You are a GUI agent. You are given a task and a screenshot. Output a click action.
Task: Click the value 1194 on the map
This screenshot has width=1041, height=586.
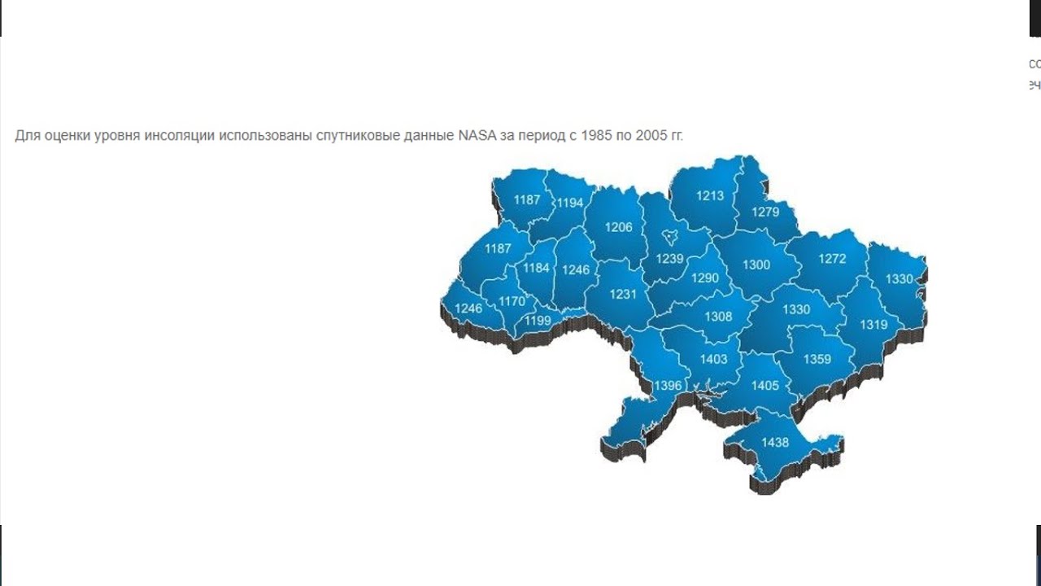coord(569,203)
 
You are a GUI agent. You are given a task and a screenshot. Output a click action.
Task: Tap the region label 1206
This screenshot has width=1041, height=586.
coord(618,227)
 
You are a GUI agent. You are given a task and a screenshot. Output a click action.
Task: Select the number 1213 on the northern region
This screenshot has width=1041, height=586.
coord(709,195)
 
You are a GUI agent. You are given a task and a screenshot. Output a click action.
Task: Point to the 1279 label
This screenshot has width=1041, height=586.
coord(765,212)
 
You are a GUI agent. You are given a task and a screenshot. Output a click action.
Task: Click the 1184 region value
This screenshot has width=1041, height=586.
coord(537,268)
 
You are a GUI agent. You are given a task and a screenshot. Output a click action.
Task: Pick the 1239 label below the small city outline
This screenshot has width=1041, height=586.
coord(669,258)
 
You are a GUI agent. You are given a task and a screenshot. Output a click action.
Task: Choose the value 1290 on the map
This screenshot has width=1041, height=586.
coord(705,278)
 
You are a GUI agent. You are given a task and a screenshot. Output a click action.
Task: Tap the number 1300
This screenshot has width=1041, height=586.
coord(756,265)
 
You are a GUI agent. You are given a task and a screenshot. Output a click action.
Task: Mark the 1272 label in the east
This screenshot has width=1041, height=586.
coord(832,259)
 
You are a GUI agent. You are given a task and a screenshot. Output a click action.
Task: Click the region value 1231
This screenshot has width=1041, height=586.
coord(623,295)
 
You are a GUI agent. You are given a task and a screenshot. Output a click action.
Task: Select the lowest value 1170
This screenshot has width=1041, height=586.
coord(512,301)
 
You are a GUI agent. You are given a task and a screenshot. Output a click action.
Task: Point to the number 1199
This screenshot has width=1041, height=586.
coord(538,321)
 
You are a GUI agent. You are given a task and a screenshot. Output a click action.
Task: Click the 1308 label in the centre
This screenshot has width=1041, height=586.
coord(718,317)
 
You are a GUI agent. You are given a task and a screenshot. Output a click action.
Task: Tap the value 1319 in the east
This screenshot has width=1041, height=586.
coord(873,324)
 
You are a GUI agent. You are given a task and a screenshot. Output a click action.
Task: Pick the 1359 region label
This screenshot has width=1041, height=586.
coord(817,359)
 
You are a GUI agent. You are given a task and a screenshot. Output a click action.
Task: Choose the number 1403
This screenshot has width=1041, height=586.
coord(713,359)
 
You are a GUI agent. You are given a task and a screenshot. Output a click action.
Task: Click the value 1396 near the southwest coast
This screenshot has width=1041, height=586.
coord(668,385)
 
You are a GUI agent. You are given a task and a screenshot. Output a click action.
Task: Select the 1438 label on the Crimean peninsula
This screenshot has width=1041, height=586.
coord(775,442)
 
